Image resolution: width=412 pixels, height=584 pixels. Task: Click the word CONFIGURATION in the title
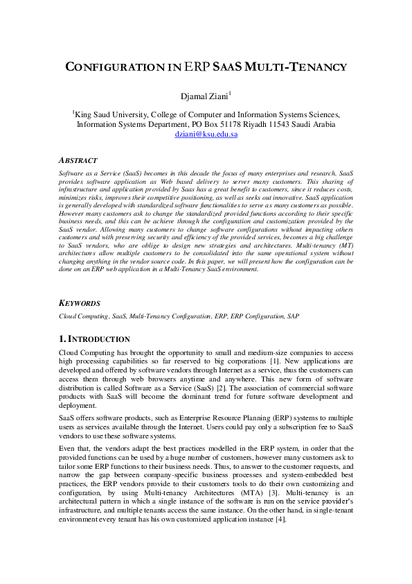tap(116, 67)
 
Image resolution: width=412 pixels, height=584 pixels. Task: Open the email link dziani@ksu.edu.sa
tap(206, 135)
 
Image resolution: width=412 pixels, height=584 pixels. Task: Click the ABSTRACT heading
tap(78, 160)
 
